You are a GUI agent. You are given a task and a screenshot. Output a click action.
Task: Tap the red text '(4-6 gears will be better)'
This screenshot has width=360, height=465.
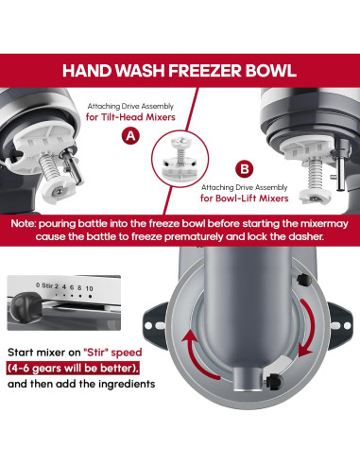pos(75,370)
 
